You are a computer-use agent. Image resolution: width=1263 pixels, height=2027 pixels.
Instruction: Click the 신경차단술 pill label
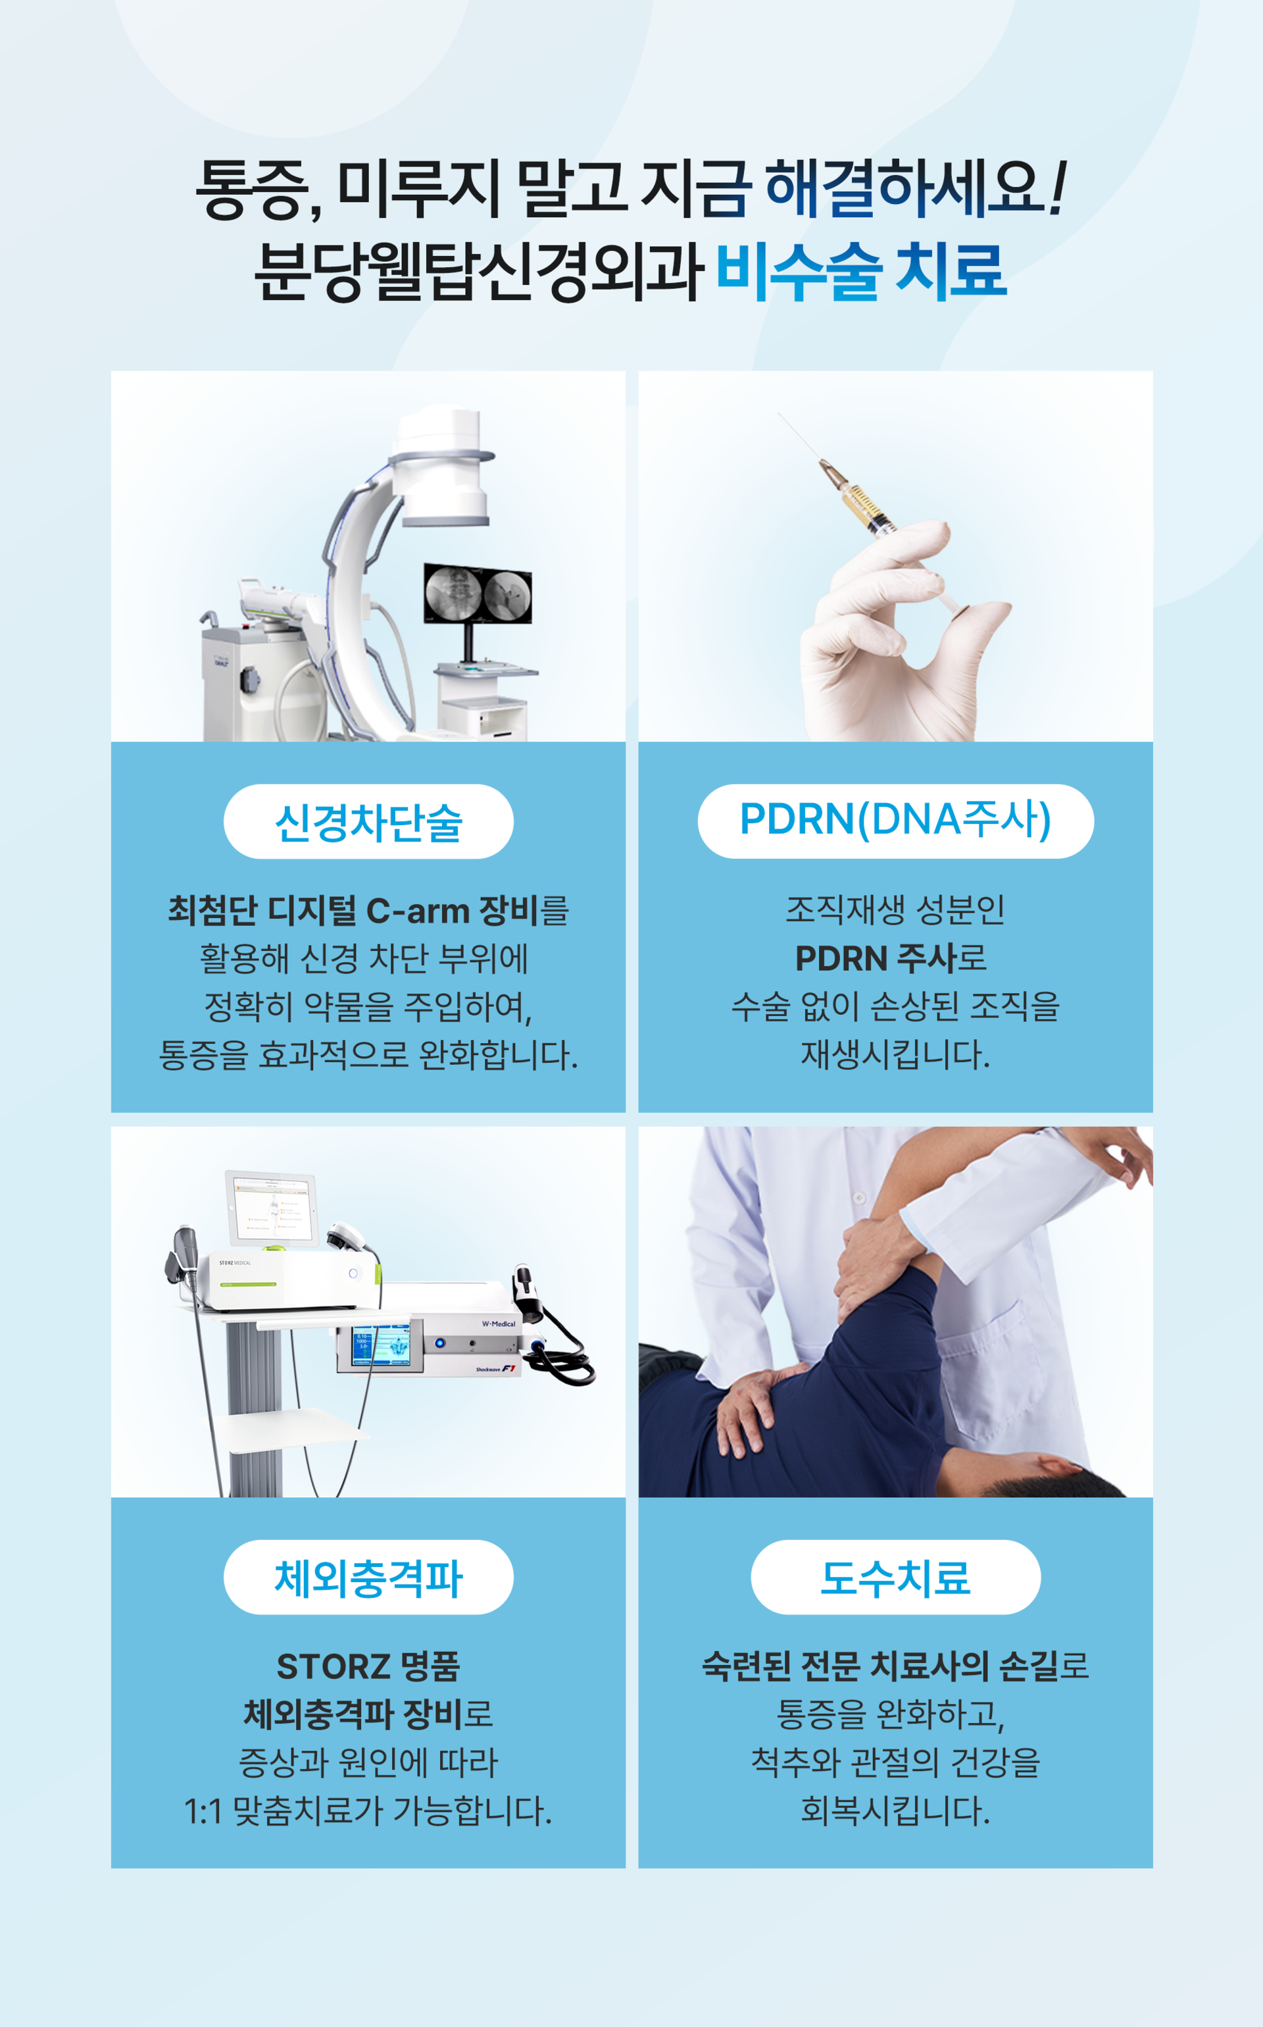pos(368,821)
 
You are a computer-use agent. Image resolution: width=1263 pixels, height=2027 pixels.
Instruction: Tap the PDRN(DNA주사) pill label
pos(895,821)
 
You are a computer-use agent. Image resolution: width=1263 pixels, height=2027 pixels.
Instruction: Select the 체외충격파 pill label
pos(368,1578)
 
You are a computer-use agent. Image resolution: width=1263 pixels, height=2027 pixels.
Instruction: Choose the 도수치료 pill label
pos(895,1578)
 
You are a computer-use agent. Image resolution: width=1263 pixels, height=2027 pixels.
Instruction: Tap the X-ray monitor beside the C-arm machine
pos(478,593)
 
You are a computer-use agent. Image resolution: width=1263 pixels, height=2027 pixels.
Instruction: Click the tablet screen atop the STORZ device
pos(272,1209)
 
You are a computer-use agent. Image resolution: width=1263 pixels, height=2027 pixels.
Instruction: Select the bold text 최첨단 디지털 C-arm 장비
pos(353,911)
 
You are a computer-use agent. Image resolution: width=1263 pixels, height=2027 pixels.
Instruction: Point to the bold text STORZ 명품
pos(368,1667)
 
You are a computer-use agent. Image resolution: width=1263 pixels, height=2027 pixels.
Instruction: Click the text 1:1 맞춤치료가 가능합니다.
pos(368,1811)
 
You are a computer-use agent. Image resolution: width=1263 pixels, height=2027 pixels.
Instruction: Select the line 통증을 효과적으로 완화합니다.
pos(368,1054)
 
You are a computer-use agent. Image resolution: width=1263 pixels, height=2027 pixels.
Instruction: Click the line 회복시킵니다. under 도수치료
pos(895,1811)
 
